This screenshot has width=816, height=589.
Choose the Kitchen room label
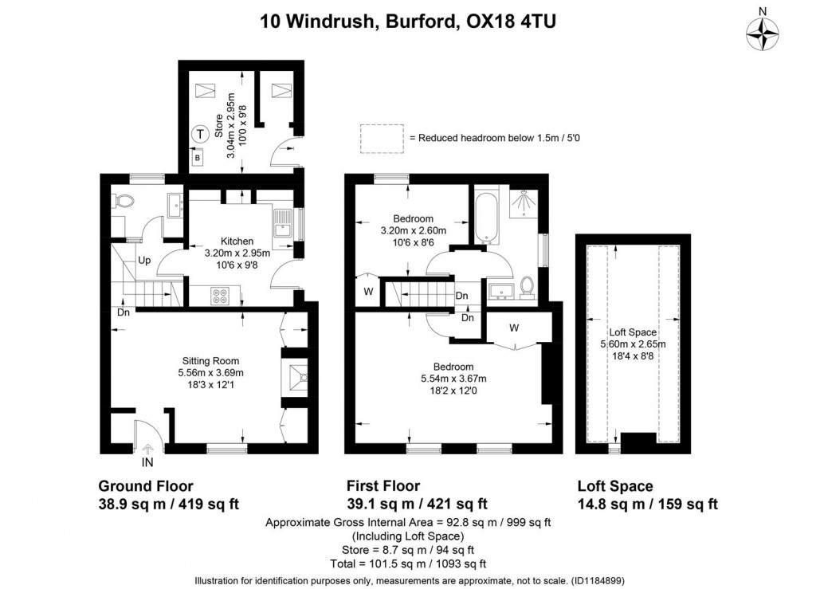pyautogui.click(x=237, y=241)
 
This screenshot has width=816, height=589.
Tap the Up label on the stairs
pyautogui.click(x=145, y=261)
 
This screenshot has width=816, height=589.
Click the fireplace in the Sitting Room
pyautogui.click(x=295, y=379)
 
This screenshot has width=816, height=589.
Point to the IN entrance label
pyautogui.click(x=147, y=461)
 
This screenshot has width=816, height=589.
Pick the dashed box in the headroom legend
pyautogui.click(x=381, y=138)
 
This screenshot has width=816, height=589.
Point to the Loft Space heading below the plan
pyautogui.click(x=614, y=486)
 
